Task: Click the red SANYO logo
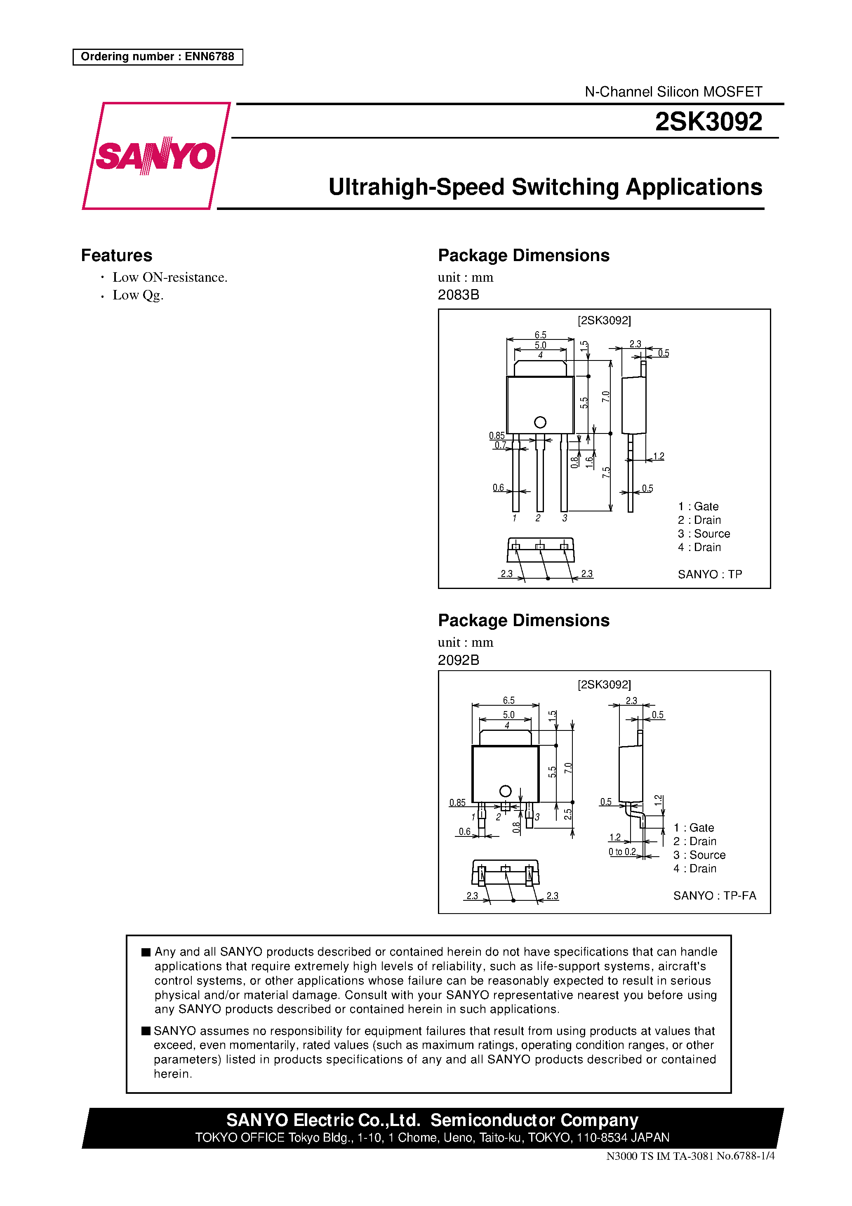tap(155, 156)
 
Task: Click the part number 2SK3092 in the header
tap(708, 122)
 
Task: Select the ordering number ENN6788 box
tap(158, 57)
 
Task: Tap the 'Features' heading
tap(117, 255)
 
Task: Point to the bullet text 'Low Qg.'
tap(138, 295)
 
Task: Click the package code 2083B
tap(458, 294)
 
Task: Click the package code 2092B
tap(458, 660)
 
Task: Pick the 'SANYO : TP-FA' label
tap(714, 895)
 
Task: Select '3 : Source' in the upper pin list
tap(704, 534)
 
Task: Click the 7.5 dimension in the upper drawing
tap(606, 472)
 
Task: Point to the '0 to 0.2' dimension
tap(622, 851)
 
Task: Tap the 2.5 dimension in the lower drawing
tap(568, 814)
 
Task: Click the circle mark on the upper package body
tap(540, 422)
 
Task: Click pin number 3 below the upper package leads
tap(565, 518)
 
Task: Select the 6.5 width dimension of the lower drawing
tap(508, 700)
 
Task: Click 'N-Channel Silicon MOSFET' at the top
tap(673, 92)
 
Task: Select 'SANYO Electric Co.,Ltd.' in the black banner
tap(323, 1120)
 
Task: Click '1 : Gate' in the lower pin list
tap(693, 828)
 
